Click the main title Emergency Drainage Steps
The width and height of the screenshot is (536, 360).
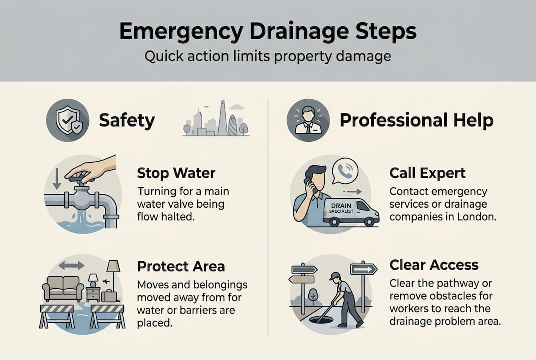tap(268, 32)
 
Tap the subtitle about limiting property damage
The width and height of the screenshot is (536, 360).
tap(268, 56)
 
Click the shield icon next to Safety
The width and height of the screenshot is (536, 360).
tap(68, 120)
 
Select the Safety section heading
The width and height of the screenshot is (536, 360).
tap(127, 120)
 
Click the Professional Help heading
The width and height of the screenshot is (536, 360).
tap(416, 120)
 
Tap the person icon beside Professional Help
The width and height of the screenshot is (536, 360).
tap(308, 120)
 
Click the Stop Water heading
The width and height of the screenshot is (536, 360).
tap(176, 173)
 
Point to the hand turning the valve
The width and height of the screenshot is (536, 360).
tap(92, 169)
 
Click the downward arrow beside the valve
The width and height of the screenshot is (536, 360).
tap(57, 180)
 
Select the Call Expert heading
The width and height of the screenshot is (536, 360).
tap(427, 173)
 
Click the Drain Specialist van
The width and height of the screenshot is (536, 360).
tap(350, 211)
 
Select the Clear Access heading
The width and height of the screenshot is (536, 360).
tap(434, 265)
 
